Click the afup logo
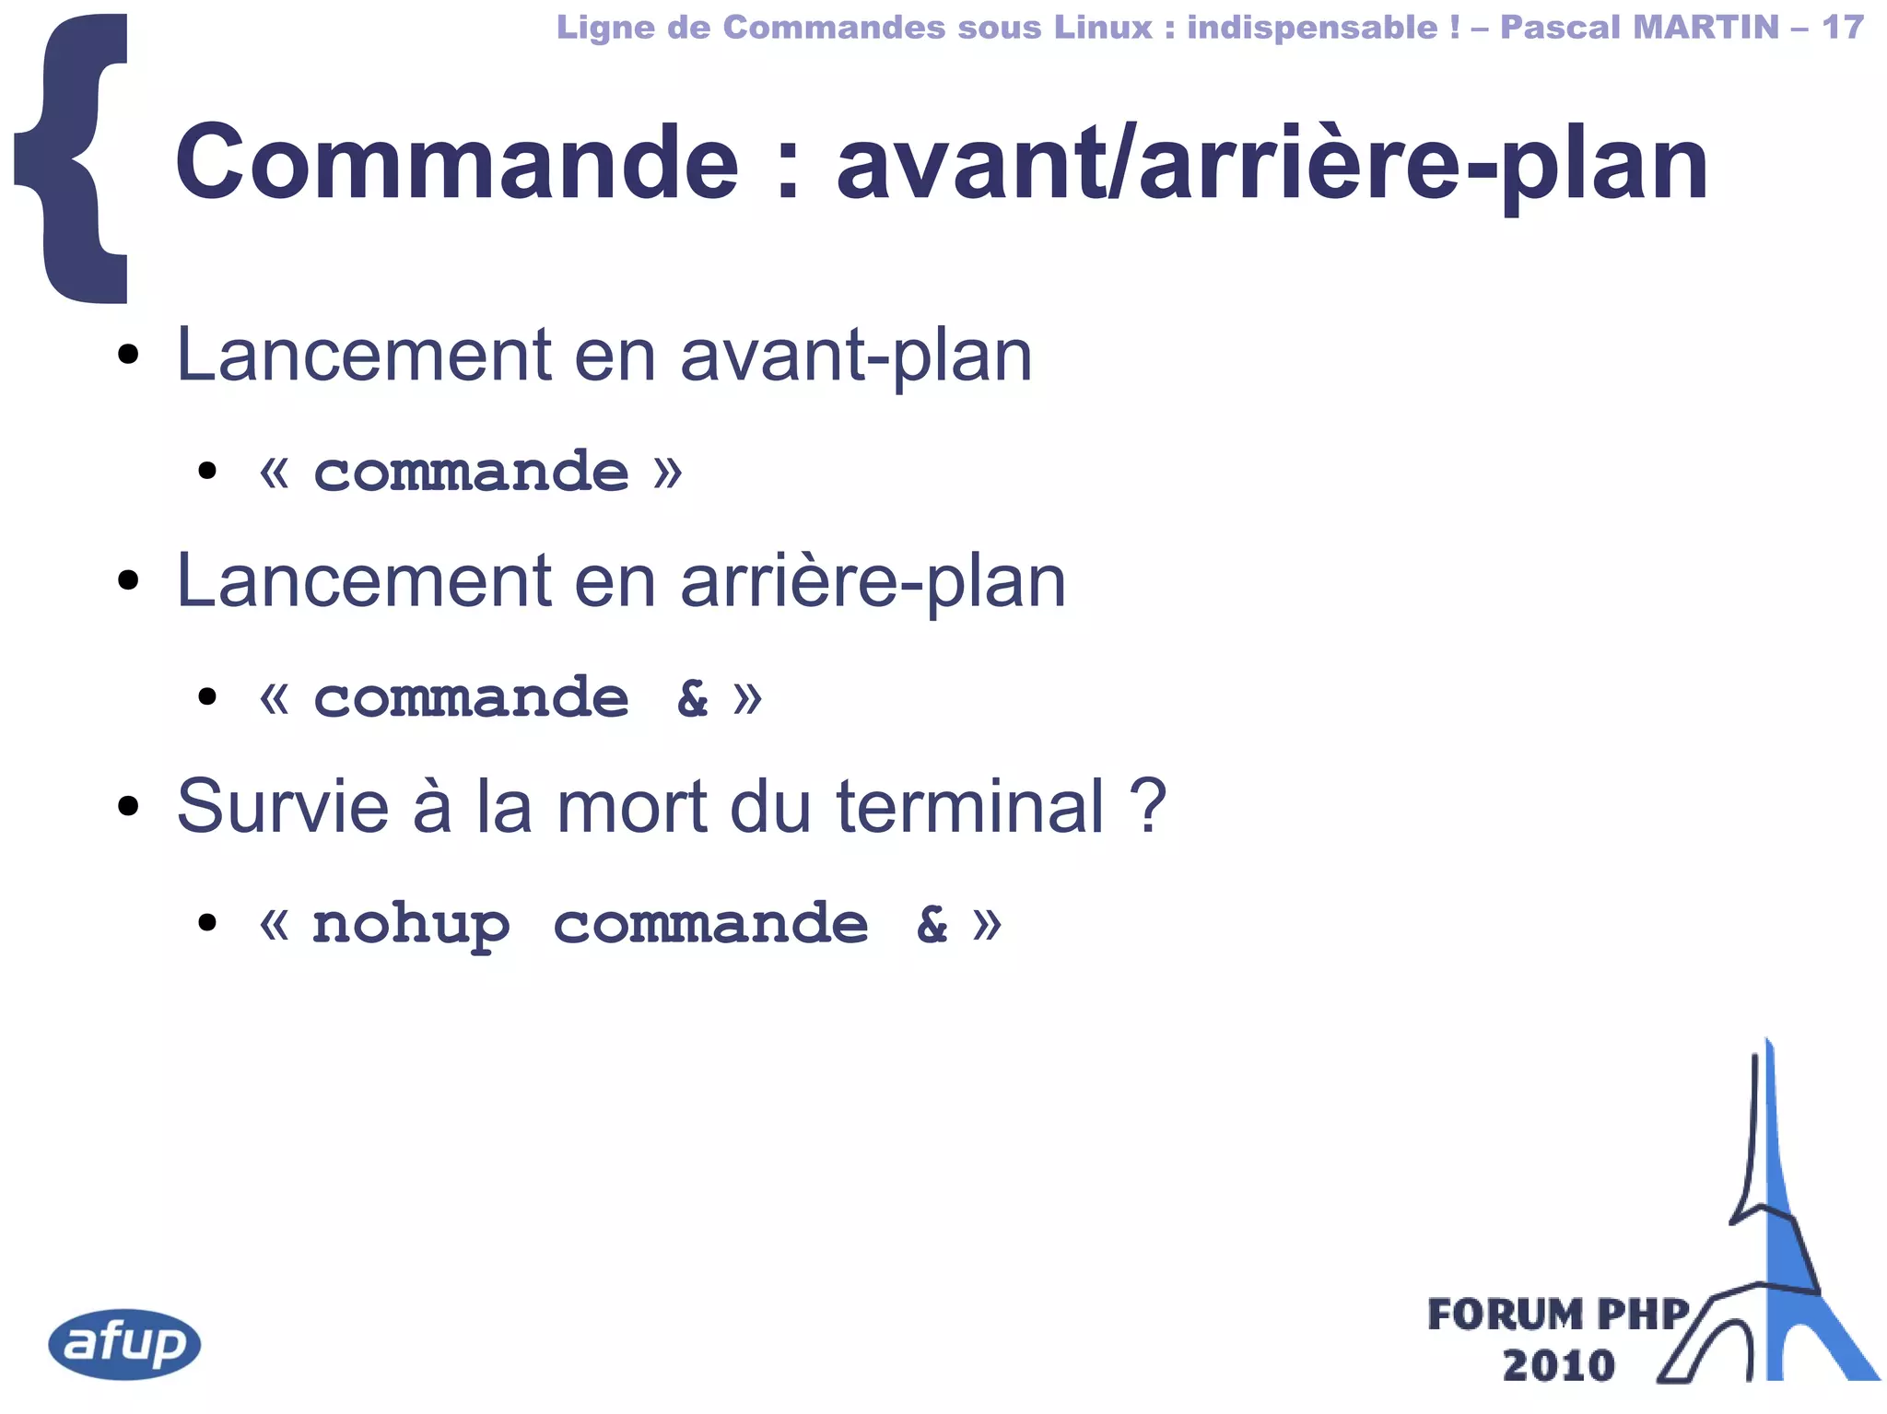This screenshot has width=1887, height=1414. [x=124, y=1343]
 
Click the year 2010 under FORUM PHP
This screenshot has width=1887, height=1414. [x=1558, y=1365]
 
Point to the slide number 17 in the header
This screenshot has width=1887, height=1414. [x=1842, y=27]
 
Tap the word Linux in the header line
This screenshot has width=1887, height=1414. [x=1103, y=27]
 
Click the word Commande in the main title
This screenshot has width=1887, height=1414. [x=456, y=163]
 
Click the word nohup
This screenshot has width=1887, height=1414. [x=411, y=924]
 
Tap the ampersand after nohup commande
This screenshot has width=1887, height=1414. [x=932, y=924]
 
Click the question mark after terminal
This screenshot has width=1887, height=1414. [x=1148, y=806]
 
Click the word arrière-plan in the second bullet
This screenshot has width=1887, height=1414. [x=873, y=582]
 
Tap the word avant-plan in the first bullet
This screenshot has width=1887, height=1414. [x=856, y=356]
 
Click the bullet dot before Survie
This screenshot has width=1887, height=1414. [x=128, y=807]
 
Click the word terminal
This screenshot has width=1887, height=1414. [x=969, y=806]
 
